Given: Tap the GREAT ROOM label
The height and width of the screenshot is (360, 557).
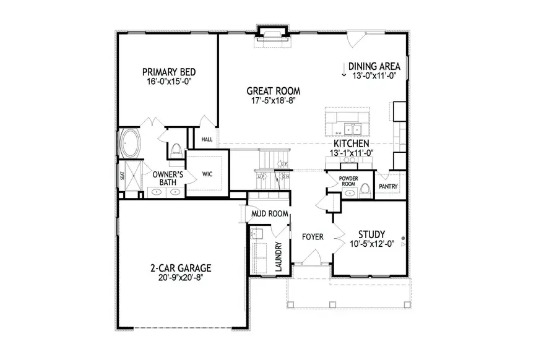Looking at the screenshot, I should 270,91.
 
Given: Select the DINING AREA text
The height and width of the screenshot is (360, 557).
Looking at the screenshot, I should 374,67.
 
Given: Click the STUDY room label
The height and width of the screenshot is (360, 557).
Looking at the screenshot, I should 372,234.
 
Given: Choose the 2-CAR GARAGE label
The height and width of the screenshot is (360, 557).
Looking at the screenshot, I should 181,268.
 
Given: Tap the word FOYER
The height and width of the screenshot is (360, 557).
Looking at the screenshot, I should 314,237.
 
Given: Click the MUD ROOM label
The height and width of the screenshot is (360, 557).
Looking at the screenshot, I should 270,214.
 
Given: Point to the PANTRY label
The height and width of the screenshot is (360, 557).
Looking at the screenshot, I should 388,186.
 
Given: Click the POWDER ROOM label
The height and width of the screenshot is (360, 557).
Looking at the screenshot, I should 349,181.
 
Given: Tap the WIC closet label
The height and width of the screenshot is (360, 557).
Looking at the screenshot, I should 207,175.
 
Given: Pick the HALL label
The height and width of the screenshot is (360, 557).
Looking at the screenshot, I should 207,140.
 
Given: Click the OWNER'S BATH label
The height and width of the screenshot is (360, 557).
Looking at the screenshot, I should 165,178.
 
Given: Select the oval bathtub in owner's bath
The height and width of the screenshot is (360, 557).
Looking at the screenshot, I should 129,144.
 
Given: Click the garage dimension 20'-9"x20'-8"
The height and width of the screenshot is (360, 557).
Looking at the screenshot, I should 181,278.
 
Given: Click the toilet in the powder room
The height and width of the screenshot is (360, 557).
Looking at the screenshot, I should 365,188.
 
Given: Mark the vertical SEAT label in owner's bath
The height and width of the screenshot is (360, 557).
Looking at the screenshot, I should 122,177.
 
